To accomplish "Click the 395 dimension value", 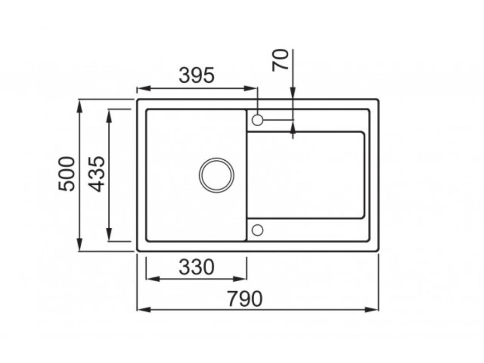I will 197,76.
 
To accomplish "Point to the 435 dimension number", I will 97,173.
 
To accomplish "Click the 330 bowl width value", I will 196,268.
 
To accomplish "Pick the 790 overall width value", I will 244,299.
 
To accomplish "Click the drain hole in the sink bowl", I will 216,175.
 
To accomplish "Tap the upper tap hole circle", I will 258,120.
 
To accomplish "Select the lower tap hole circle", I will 258,230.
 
